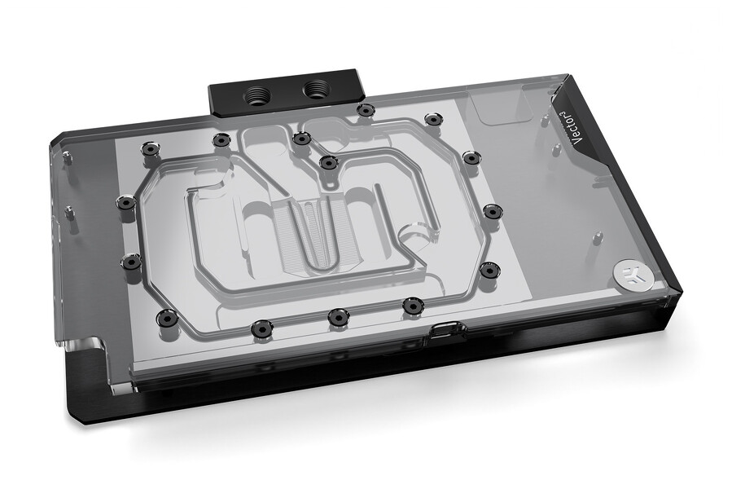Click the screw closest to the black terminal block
click(366, 110)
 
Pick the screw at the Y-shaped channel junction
click(328, 162)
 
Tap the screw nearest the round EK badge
click(489, 269)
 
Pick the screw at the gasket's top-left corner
click(149, 149)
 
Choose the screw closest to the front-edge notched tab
click(413, 306)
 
